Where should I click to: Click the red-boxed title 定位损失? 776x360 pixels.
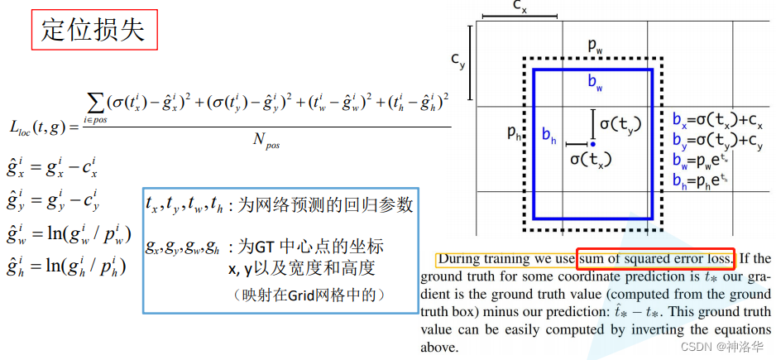[x=93, y=30]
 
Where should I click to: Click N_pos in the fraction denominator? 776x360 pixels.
[x=266, y=142]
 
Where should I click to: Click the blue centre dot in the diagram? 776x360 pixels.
[x=592, y=144]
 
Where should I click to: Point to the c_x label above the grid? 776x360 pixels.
[x=520, y=7]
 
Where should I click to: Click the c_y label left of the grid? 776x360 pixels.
[x=457, y=60]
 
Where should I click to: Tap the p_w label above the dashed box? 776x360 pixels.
[x=596, y=46]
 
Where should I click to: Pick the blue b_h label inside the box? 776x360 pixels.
[x=548, y=136]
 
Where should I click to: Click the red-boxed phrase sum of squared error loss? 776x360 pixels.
[x=655, y=258]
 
